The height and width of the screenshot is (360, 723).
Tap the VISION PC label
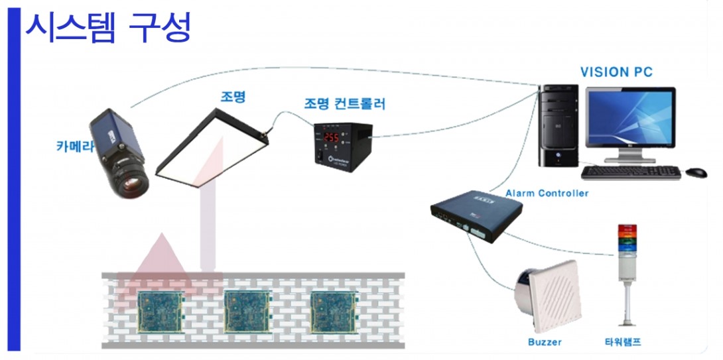[616, 72]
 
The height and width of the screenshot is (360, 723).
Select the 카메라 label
[72, 147]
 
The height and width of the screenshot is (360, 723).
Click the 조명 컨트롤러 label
[344, 103]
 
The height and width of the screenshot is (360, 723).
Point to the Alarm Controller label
[547, 193]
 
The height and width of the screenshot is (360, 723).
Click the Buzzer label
[545, 342]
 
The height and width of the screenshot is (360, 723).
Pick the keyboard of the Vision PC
[630, 172]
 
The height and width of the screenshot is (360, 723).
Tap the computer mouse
[696, 172]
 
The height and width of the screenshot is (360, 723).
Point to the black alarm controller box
[476, 215]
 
